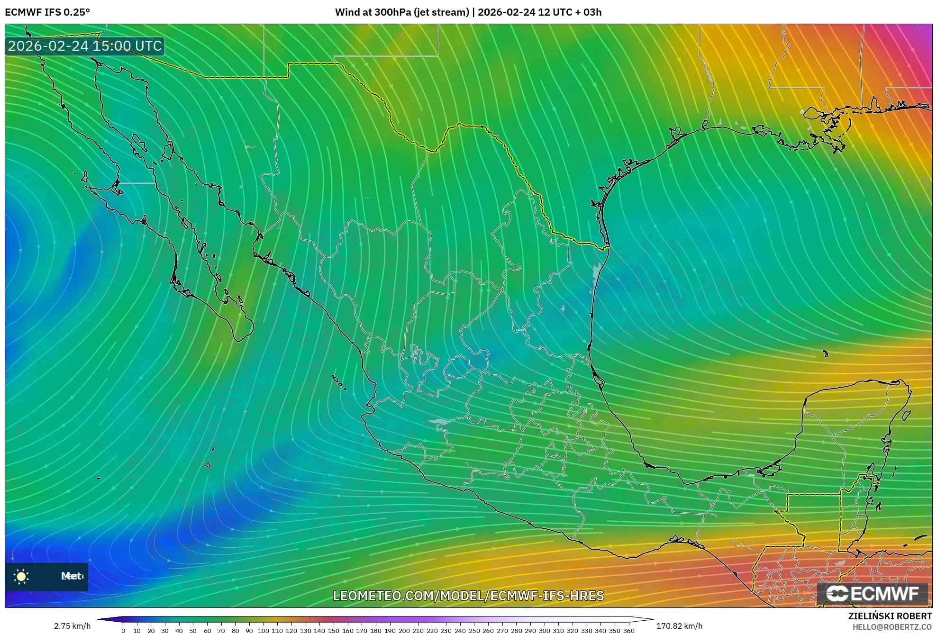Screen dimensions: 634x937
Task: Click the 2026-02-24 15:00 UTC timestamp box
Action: [x=85, y=46]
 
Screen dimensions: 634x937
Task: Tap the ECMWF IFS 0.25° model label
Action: [x=47, y=12]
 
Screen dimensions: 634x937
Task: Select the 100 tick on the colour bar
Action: [x=264, y=630]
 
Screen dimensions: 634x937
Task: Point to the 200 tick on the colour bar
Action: [x=404, y=630]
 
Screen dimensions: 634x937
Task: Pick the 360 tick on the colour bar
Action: [x=628, y=630]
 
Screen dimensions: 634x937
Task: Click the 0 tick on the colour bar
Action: [x=123, y=630]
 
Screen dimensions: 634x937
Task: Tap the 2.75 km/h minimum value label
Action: [x=72, y=626]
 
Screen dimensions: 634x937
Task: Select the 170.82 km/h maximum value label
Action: [x=679, y=626]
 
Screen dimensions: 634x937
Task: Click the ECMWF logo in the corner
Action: [x=872, y=593]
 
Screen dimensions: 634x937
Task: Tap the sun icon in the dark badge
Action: [x=21, y=576]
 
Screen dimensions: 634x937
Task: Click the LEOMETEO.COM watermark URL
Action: [x=468, y=596]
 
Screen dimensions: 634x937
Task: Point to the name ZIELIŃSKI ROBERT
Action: [x=890, y=616]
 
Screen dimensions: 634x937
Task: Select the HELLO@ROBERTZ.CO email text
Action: [x=892, y=627]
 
